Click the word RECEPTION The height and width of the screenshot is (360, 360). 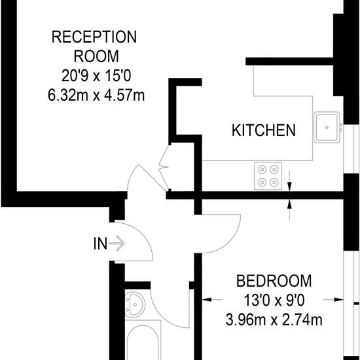[94, 37]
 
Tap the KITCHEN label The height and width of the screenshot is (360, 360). [264, 130]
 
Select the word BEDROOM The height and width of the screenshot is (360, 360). [274, 281]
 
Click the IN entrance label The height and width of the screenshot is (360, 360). [100, 243]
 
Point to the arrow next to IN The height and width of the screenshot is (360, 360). [117, 243]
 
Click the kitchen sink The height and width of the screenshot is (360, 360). [327, 128]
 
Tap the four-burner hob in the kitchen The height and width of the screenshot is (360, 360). [268, 176]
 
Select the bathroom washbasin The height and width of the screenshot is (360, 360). [135, 304]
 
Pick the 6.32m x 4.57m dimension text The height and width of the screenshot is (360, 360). [96, 95]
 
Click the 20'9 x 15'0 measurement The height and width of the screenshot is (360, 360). [96, 76]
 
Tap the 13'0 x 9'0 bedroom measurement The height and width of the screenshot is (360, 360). [274, 300]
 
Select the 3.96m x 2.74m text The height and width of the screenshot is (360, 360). [274, 320]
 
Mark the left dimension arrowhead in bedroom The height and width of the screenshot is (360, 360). [207, 299]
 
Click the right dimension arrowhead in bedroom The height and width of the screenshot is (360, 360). [338, 299]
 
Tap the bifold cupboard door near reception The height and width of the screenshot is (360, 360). [164, 168]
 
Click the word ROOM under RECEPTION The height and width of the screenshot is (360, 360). [96, 56]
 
